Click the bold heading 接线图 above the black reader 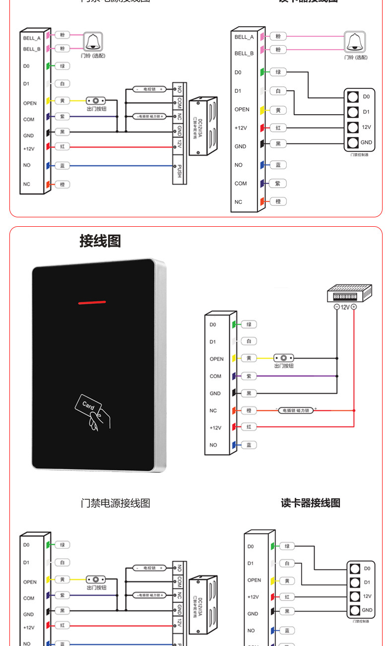pyautogui.click(x=100, y=241)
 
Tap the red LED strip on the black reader pyautogui.click(x=92, y=302)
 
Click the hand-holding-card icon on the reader pyautogui.click(x=93, y=411)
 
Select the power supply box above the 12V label pyautogui.click(x=349, y=293)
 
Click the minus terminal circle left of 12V pyautogui.click(x=337, y=307)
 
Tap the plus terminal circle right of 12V pyautogui.click(x=354, y=307)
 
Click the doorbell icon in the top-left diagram pyautogui.click(x=92, y=42)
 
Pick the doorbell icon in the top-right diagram pyautogui.click(x=355, y=42)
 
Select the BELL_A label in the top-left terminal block pyautogui.click(x=31, y=38)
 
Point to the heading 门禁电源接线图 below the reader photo pyautogui.click(x=115, y=503)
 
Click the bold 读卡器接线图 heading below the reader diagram pyautogui.click(x=311, y=503)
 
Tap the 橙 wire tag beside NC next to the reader pyautogui.click(x=249, y=410)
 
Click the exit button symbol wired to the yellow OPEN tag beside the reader pyautogui.click(x=283, y=358)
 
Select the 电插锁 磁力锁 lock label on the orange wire pyautogui.click(x=295, y=410)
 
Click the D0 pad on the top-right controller pyautogui.click(x=353, y=97)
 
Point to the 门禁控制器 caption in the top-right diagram pyautogui.click(x=359, y=155)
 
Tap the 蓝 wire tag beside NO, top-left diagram pyautogui.click(x=63, y=165)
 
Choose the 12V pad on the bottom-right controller pyautogui.click(x=354, y=596)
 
